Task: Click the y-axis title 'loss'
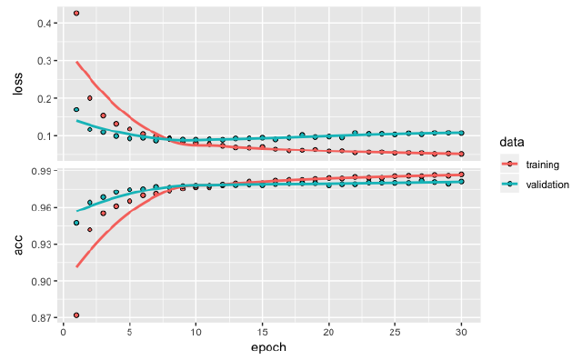(16, 85)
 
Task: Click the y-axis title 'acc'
(16, 245)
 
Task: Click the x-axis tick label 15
(262, 332)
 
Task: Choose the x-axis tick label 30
(462, 332)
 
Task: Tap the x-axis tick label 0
(63, 332)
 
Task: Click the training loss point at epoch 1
(76, 14)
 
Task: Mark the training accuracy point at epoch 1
(76, 315)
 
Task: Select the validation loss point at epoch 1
(76, 109)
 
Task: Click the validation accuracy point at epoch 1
(76, 223)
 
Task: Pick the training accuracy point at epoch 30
(462, 175)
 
